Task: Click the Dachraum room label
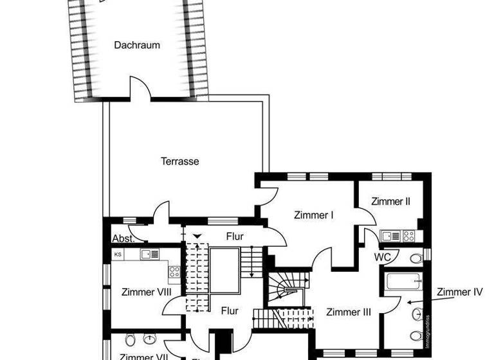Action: pyautogui.click(x=137, y=45)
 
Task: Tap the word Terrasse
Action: pyautogui.click(x=179, y=161)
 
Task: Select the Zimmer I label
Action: pyautogui.click(x=313, y=215)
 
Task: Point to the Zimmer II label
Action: pyautogui.click(x=390, y=201)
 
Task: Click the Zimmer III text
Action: pyautogui.click(x=349, y=312)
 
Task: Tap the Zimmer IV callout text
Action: pyautogui.click(x=459, y=292)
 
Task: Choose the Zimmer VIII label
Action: pyautogui.click(x=147, y=292)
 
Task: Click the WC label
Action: pyautogui.click(x=384, y=256)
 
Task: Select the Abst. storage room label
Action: pyautogui.click(x=122, y=238)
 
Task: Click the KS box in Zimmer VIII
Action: pyautogui.click(x=118, y=254)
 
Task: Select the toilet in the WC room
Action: pyautogui.click(x=416, y=258)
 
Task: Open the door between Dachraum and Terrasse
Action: pyautogui.click(x=141, y=89)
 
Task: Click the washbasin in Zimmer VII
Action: pyautogui.click(x=151, y=339)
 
